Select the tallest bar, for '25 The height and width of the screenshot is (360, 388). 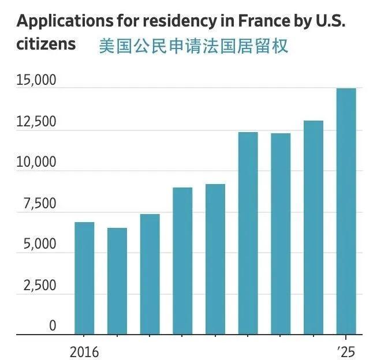coord(346,211)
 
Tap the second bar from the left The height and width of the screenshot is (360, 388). coord(117,281)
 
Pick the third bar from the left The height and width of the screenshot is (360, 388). coord(150,274)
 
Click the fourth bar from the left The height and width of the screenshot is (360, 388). coord(182,261)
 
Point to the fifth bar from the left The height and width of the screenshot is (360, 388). coord(215,259)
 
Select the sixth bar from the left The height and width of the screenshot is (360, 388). coord(248,233)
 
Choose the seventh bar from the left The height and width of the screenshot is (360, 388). coord(281,234)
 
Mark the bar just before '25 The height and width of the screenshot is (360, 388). coord(314,227)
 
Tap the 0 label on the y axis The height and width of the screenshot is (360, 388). coord(53,326)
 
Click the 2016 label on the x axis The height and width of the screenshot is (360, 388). coord(84,351)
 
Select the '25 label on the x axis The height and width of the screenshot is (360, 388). coord(346,351)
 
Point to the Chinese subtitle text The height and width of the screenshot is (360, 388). coord(193,46)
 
